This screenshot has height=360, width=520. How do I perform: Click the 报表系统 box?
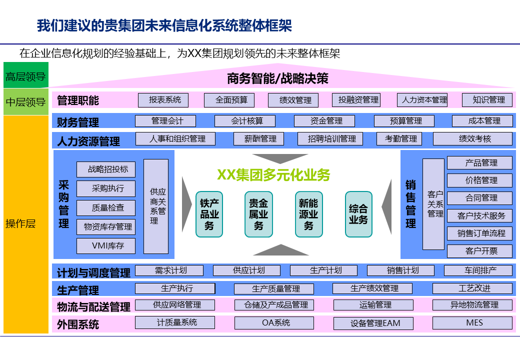[163, 100]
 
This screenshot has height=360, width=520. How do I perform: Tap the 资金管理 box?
[324, 121]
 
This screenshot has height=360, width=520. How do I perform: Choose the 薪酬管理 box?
[258, 139]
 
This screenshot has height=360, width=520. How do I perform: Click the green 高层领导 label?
[25, 76]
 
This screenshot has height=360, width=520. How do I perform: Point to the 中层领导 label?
[25, 102]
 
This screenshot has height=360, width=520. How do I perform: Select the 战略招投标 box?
[106, 169]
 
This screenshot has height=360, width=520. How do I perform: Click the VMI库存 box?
[106, 246]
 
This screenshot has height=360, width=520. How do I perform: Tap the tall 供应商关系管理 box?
[156, 206]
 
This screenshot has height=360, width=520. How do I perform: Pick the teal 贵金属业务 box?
[258, 214]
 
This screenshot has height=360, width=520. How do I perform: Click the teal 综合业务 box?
[358, 214]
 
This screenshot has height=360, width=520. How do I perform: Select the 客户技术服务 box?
[479, 216]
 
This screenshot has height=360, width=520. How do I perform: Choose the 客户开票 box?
[479, 250]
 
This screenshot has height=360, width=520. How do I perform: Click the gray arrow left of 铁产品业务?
[186, 206]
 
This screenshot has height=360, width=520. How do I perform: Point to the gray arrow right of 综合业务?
[386, 206]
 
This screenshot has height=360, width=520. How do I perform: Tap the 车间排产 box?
[478, 270]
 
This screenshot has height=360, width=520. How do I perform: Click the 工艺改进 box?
[472, 288]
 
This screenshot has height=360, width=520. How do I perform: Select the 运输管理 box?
[373, 305]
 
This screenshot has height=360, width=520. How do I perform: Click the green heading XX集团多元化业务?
[273, 175]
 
